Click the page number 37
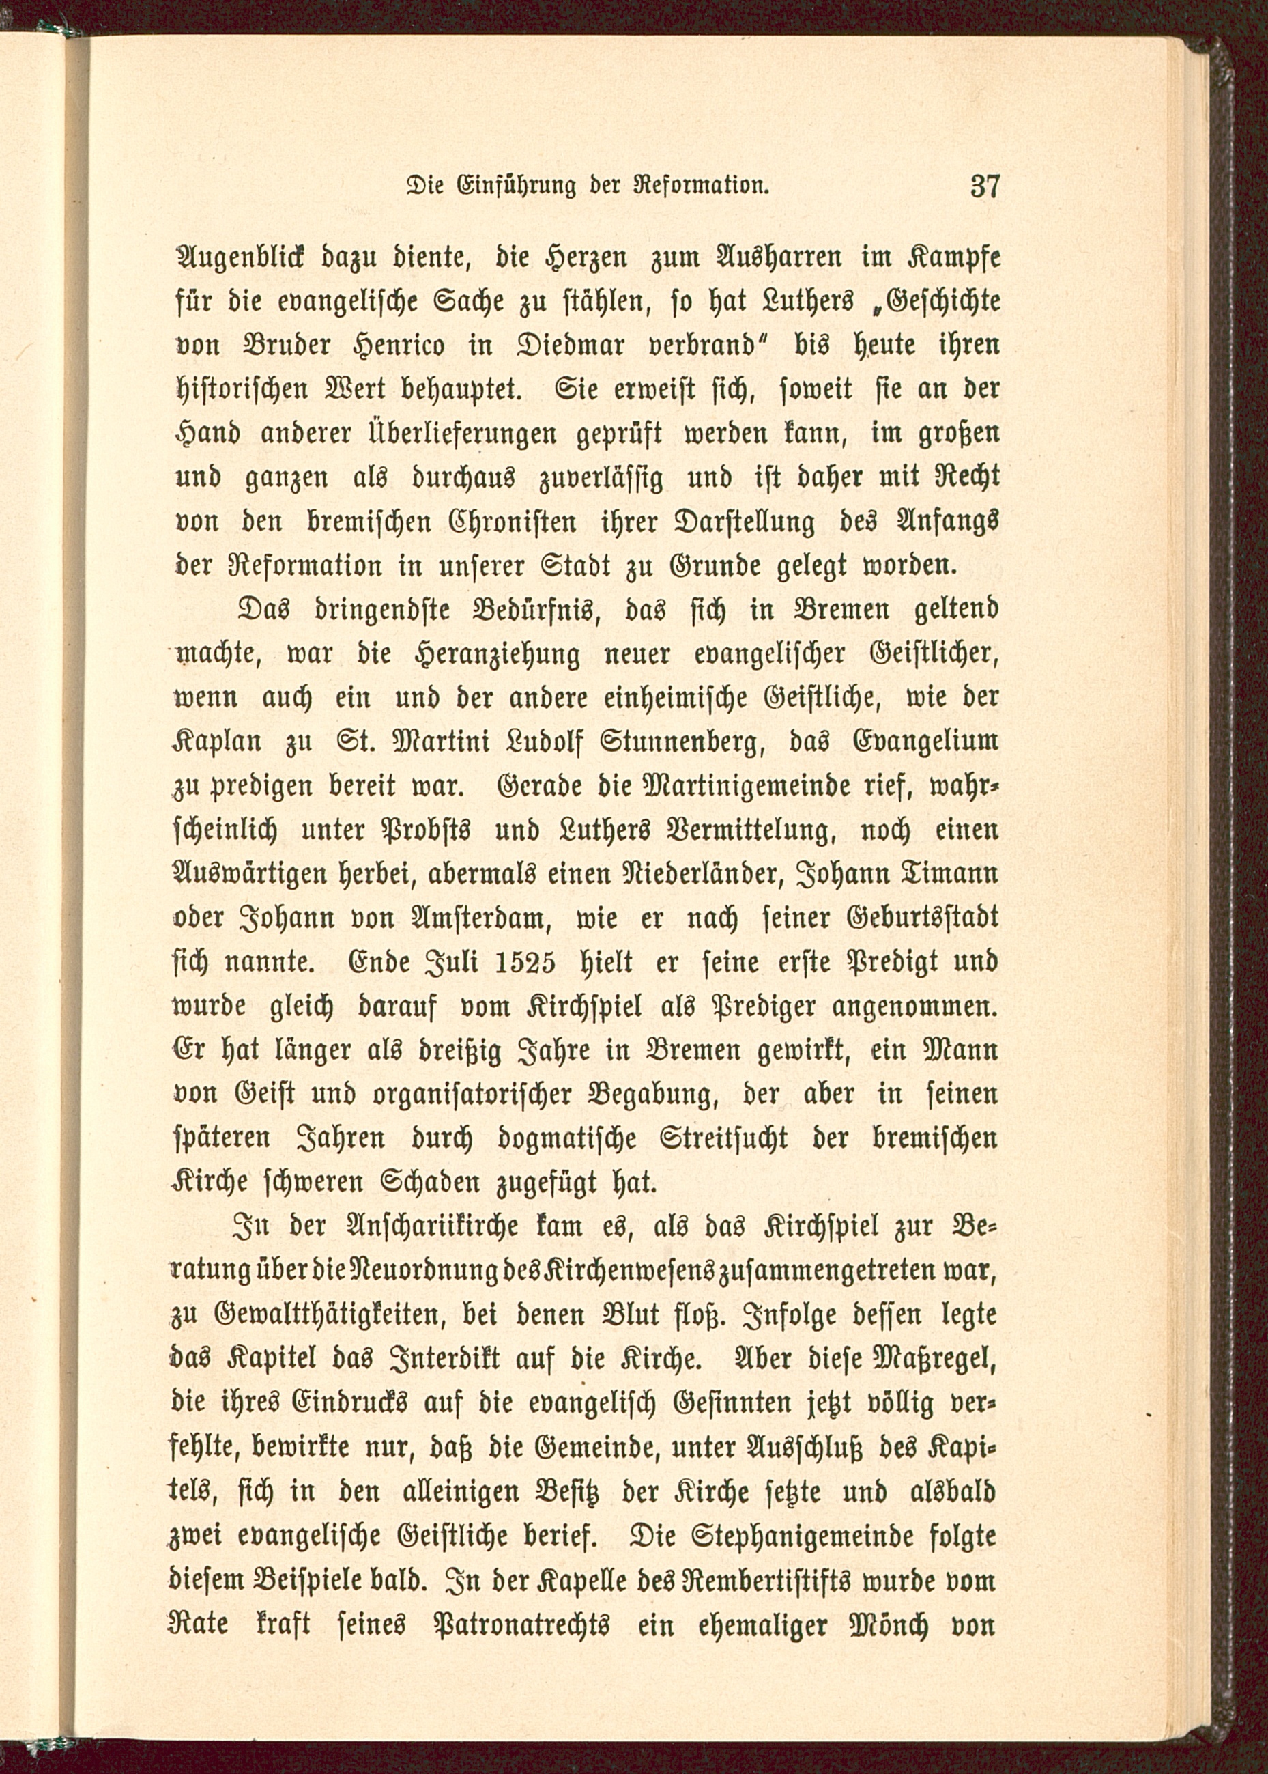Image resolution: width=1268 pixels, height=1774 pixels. tap(984, 188)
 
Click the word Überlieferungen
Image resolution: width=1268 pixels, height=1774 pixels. tap(448, 434)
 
